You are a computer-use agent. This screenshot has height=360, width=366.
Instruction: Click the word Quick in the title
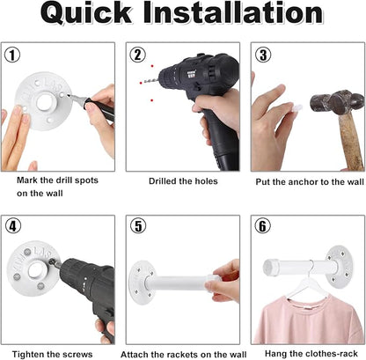(86, 14)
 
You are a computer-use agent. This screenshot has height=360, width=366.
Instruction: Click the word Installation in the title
(233, 13)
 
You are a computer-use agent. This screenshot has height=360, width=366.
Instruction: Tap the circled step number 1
(12, 55)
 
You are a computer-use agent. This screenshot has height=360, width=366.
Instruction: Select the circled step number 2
(138, 55)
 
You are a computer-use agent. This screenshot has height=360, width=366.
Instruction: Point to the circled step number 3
(263, 55)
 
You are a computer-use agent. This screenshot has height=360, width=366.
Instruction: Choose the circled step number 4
(13, 226)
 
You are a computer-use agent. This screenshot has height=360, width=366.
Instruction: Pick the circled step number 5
(138, 226)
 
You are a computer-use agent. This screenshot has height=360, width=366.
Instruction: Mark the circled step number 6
(262, 226)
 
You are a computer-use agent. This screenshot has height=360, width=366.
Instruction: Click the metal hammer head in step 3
(337, 102)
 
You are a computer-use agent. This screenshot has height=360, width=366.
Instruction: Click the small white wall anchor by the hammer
(296, 108)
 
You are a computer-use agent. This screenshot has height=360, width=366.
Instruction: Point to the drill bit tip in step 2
(144, 82)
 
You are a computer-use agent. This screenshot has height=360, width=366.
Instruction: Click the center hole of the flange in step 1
(44, 101)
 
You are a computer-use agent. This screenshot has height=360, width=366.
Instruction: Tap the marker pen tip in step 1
(69, 95)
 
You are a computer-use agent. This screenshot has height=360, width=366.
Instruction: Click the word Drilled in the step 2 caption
(162, 181)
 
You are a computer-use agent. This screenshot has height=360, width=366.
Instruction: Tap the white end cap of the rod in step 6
(268, 267)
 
